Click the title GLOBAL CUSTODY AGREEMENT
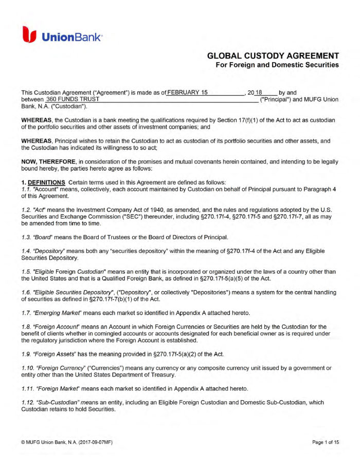(273, 56)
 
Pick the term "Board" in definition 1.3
(44, 237)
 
